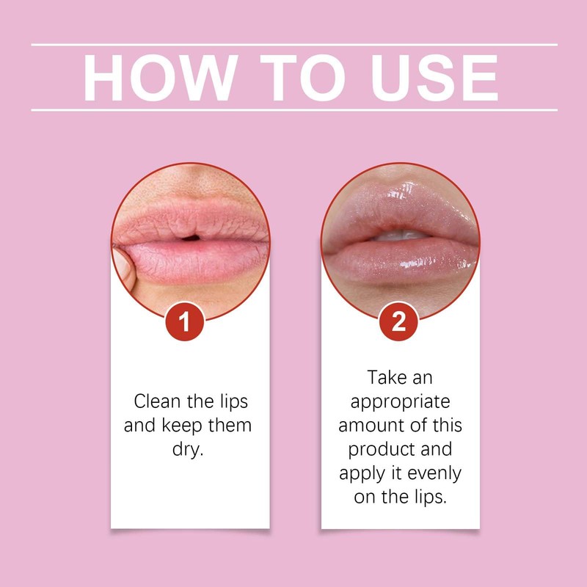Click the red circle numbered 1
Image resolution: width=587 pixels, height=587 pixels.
click(186, 323)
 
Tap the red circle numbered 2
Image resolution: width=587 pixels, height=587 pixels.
click(399, 323)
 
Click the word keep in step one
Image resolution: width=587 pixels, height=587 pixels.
click(181, 426)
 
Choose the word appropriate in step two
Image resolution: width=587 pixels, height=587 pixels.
click(400, 402)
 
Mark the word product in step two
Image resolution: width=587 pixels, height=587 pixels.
click(379, 449)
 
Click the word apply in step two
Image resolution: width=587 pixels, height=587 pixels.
click(362, 473)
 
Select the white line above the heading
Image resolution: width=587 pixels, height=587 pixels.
click(293, 45)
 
